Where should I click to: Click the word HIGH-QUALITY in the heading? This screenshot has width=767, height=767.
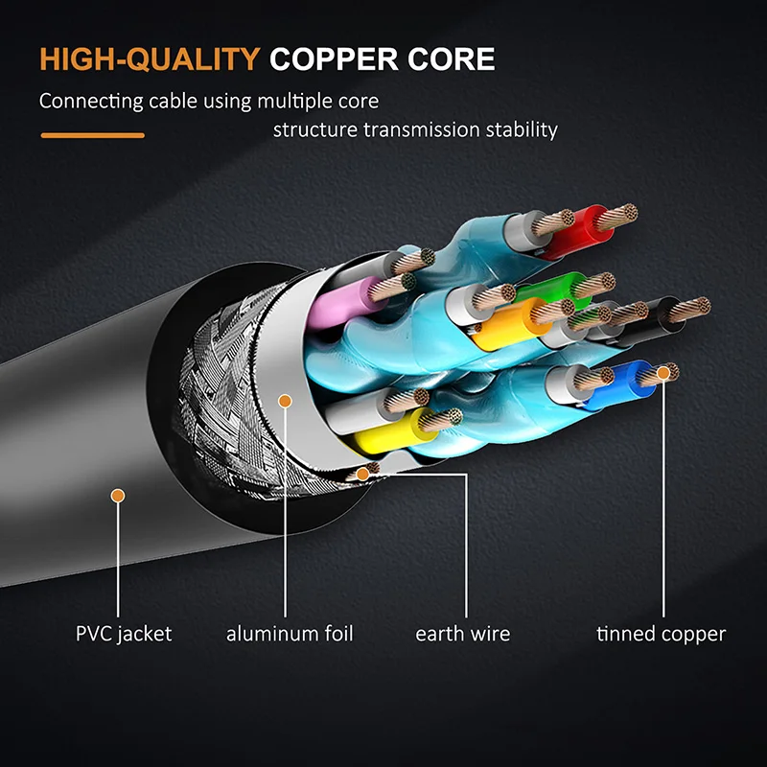(x=149, y=59)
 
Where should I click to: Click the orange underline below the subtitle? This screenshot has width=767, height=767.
(x=92, y=135)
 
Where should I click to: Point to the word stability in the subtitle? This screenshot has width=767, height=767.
(x=519, y=129)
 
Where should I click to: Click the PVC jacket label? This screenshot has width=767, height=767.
(x=124, y=634)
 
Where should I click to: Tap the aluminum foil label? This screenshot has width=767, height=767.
(x=290, y=634)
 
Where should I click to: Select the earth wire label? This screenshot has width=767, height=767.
(x=463, y=634)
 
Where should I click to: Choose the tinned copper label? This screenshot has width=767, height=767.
(x=661, y=634)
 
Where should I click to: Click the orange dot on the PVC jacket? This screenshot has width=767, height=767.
(x=118, y=496)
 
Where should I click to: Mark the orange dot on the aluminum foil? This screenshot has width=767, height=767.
(x=284, y=401)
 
